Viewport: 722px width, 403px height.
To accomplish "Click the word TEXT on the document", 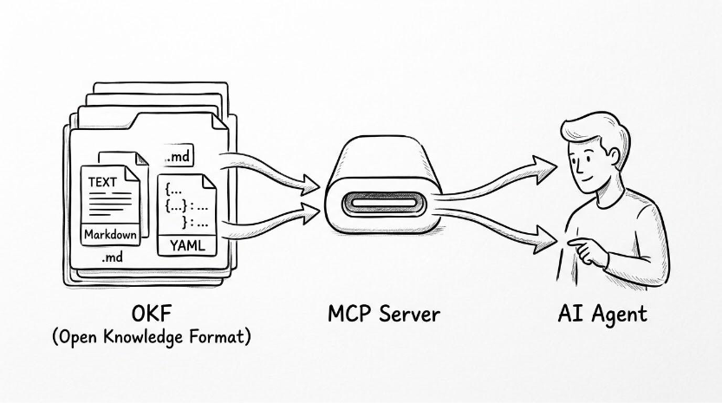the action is tap(102, 182).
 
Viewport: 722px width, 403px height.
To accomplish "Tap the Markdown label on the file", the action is tap(111, 235).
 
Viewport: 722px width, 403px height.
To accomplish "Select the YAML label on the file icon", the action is tap(187, 245).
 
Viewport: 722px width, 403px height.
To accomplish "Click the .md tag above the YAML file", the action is tap(179, 157).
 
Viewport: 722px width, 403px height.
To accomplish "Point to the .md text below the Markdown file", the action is tap(112, 257).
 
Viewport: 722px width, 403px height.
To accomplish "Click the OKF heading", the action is tap(152, 314).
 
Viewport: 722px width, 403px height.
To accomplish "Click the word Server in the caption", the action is tap(410, 314).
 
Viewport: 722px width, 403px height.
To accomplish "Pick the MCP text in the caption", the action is tap(350, 314).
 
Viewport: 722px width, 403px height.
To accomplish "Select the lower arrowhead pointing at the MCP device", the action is tap(309, 212).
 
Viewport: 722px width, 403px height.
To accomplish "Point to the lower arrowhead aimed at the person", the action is tap(546, 240).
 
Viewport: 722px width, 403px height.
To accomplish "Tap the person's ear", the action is tap(613, 156).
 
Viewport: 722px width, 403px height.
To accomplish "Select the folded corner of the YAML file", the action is tap(209, 181).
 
